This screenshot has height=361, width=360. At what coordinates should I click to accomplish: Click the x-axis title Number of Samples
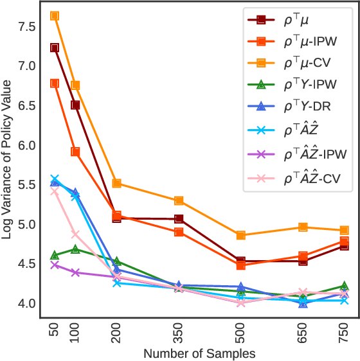tap(199, 353)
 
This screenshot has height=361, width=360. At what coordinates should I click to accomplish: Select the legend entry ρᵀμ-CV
tap(296, 63)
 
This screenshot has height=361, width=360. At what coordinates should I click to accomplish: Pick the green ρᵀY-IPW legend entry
tap(296, 85)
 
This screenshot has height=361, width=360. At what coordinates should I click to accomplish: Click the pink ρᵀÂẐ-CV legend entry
tap(296, 176)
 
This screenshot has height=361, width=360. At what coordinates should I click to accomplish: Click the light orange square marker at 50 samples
tap(55, 15)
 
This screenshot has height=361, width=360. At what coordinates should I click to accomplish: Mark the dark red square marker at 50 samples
tap(55, 48)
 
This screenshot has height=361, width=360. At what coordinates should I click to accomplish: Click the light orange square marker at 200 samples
tap(117, 183)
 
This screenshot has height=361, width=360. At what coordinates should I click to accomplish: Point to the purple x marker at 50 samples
tap(55, 265)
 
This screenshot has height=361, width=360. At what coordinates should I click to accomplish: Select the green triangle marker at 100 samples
tap(75, 249)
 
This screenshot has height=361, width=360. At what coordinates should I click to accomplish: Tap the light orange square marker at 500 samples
tap(240, 235)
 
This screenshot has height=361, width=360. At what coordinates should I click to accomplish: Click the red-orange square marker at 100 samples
tap(75, 152)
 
